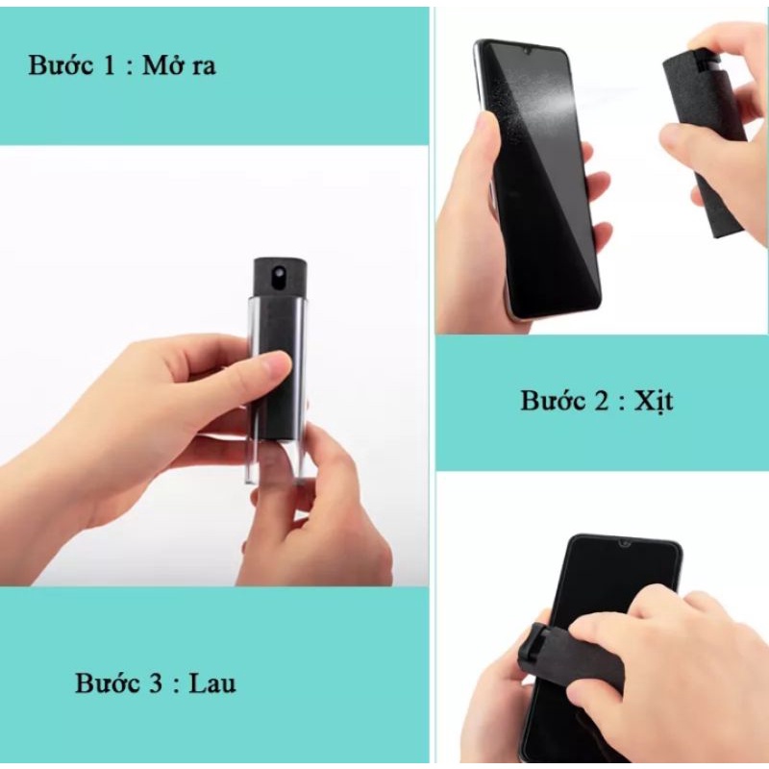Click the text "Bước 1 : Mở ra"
tap(122, 66)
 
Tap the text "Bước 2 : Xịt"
tap(597, 400)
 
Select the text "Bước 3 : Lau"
tap(156, 683)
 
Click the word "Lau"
tap(212, 683)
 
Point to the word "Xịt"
tap(654, 400)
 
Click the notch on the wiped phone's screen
tap(624, 544)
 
